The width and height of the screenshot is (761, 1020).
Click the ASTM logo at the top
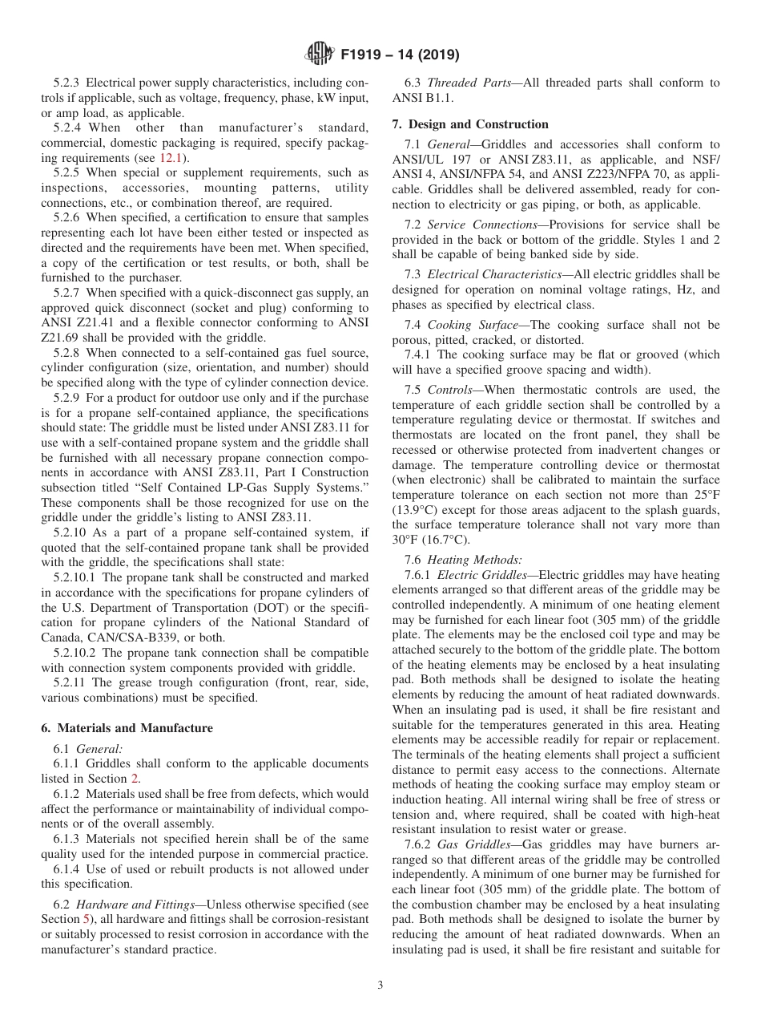320,55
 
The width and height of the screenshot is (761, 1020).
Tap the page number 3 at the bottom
380,986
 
